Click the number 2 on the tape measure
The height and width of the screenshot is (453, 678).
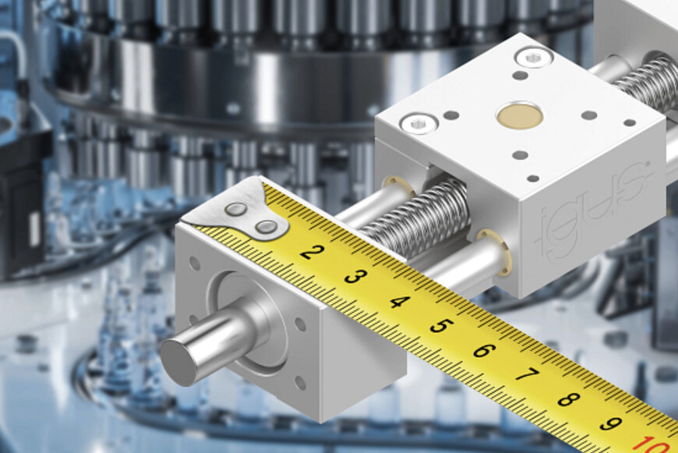[312, 252]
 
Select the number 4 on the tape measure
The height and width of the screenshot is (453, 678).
[398, 301]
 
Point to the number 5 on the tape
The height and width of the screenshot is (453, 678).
[440, 326]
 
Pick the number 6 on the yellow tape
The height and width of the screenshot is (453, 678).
[483, 350]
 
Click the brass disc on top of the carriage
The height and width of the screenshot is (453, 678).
[520, 115]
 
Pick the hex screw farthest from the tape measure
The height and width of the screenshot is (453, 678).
[535, 55]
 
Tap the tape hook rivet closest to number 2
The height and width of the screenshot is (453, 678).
[267, 228]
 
